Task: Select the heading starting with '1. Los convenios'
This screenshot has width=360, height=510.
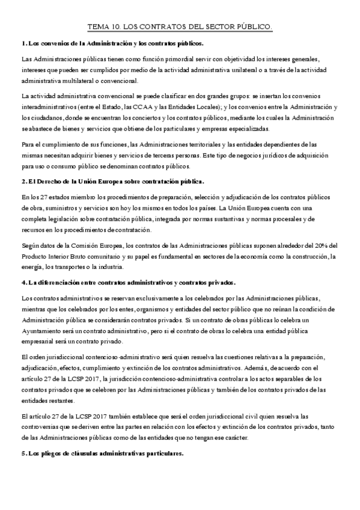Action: tap(112, 43)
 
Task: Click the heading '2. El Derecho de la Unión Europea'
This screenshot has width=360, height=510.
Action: tap(112, 181)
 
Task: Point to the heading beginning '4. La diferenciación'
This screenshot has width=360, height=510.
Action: tap(128, 282)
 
